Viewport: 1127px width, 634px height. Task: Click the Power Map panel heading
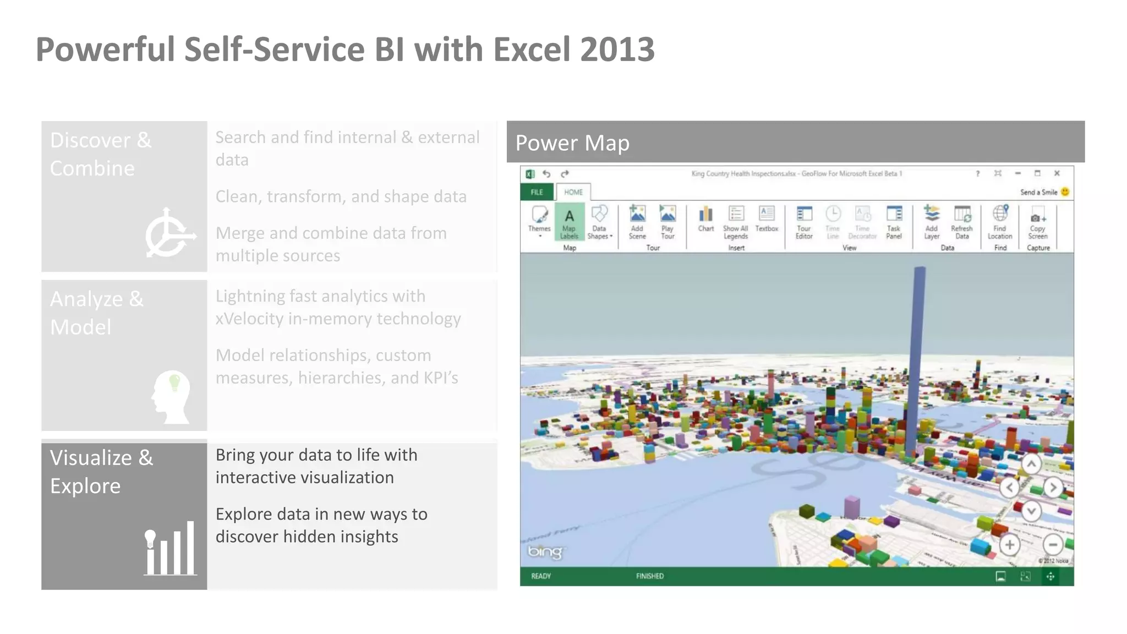coord(572,143)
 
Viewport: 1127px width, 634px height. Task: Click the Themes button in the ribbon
coord(539,220)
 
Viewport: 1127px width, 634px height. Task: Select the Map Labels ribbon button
coord(569,222)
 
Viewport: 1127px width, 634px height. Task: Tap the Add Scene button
coord(637,222)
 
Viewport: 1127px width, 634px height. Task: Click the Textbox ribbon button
coord(767,219)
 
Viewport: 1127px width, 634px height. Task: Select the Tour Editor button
coord(804,222)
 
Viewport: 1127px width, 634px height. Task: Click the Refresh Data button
coord(962,222)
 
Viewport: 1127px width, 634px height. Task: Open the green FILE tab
coord(537,192)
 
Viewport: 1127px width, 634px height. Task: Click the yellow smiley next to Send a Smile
coord(1065,192)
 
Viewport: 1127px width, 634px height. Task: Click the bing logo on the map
coord(544,551)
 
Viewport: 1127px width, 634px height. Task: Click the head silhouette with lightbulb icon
coord(172,396)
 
